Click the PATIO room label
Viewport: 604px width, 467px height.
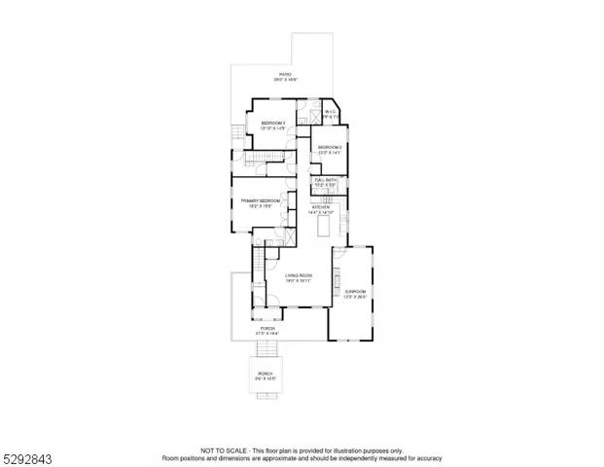tap(285, 74)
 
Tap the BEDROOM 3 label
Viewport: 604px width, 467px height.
tap(272, 123)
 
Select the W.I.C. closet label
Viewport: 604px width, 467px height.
tap(330, 111)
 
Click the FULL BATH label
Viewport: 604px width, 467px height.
tap(323, 180)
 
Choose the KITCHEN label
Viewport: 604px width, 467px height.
tap(321, 207)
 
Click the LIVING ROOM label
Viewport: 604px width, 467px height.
tap(299, 276)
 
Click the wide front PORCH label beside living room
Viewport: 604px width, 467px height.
tap(267, 329)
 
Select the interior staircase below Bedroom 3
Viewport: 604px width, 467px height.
tap(261, 159)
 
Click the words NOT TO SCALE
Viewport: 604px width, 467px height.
tap(223, 449)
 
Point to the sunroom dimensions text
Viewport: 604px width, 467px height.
tap(355, 296)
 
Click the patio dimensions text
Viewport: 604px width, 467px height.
tap(285, 80)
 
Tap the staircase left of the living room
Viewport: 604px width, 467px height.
tap(258, 265)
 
